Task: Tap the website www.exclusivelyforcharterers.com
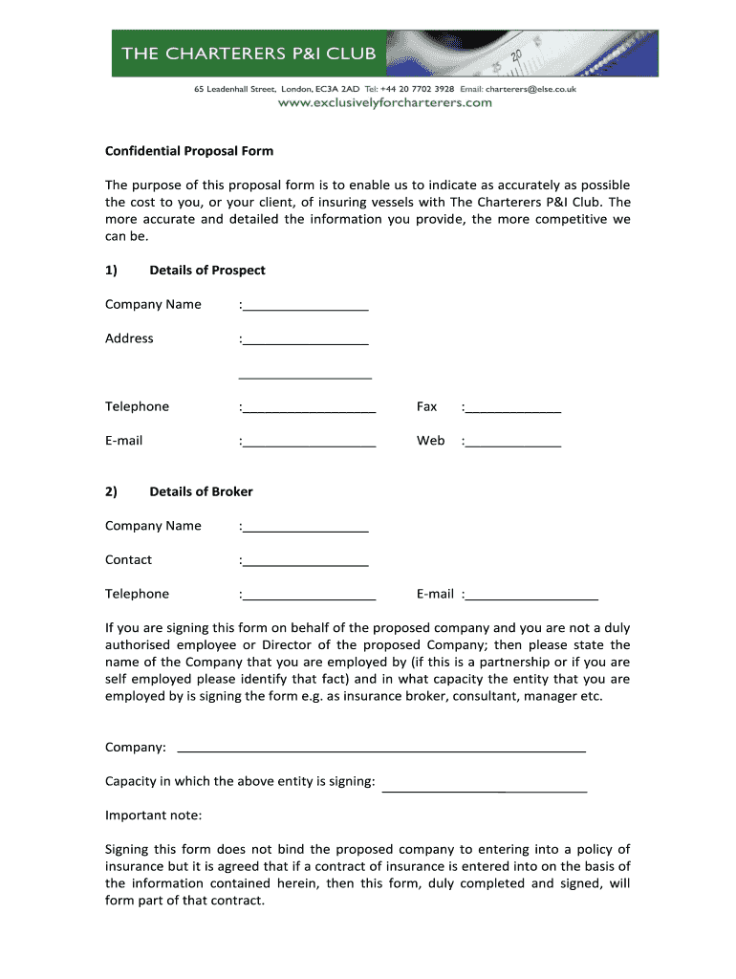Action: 385,102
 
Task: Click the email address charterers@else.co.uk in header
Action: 530,89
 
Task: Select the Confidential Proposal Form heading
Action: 189,151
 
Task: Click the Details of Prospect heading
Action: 207,270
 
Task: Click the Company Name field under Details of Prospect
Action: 306,306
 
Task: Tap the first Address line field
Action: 306,340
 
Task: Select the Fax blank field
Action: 513,408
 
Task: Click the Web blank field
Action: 513,443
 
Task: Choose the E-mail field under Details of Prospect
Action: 309,443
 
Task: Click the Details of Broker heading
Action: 201,491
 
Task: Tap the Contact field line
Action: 306,561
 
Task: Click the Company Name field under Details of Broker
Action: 306,527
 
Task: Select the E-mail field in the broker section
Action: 532,596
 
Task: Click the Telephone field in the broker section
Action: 309,596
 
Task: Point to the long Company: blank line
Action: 382,749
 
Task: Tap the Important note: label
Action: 153,816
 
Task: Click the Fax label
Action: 426,406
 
